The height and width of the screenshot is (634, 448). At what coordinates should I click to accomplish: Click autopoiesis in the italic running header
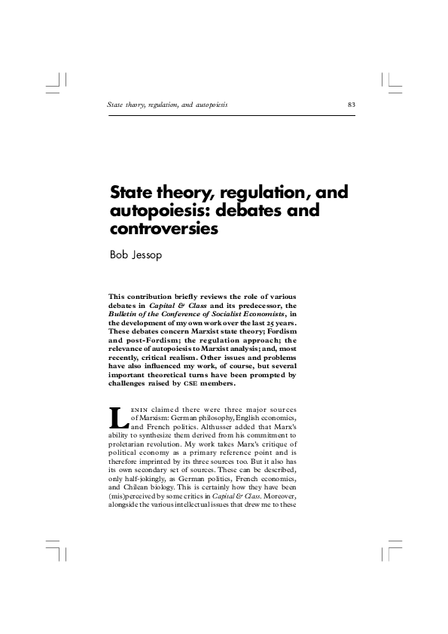click(x=209, y=103)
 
